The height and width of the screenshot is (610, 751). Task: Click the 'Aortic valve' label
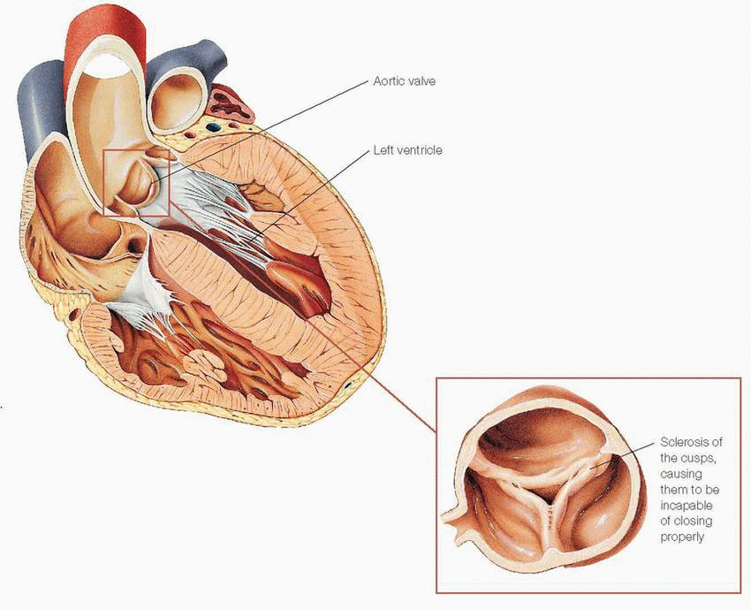[x=405, y=81]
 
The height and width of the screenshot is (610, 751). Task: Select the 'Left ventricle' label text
[x=407, y=150]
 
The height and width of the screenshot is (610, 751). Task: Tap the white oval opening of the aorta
[x=110, y=66]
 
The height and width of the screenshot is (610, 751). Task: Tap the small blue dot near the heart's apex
[x=347, y=385]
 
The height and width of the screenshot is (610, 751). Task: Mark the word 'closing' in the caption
[x=694, y=522]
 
